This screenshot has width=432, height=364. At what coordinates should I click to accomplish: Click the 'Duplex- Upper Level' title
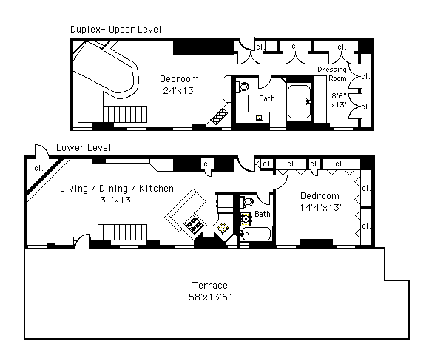[x=115, y=30]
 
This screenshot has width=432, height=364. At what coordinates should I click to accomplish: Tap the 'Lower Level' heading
[x=84, y=148]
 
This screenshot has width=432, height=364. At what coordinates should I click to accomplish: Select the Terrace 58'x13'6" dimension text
[x=210, y=297]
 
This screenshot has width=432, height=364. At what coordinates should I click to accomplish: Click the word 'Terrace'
[x=210, y=285]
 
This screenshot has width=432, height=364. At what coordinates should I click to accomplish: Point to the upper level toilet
[x=242, y=87]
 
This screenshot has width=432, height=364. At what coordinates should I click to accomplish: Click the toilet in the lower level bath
[x=246, y=202]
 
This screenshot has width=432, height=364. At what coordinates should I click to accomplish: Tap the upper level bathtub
[x=299, y=101]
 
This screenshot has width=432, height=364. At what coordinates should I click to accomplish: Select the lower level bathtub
[x=256, y=234]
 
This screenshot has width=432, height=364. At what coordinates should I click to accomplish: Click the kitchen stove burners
[x=194, y=223]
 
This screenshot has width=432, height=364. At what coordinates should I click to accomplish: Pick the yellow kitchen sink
[x=223, y=229]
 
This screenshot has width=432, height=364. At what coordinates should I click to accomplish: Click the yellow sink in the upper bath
[x=260, y=118]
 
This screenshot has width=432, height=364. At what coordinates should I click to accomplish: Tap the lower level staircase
[x=122, y=232]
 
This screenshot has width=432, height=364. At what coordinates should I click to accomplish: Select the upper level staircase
[x=125, y=114]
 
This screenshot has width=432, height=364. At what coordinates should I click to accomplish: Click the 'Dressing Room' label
[x=332, y=74]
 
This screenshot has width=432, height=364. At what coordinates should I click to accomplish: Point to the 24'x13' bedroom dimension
[x=179, y=91]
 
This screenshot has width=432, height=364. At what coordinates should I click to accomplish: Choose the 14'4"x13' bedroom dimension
[x=321, y=207]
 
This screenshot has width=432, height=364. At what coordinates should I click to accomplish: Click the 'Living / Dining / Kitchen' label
[x=117, y=189]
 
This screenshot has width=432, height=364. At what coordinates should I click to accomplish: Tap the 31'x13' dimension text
[x=117, y=200]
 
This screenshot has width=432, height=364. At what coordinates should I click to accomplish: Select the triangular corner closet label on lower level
[x=38, y=168]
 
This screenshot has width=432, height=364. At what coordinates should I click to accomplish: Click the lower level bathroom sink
[x=245, y=219]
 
